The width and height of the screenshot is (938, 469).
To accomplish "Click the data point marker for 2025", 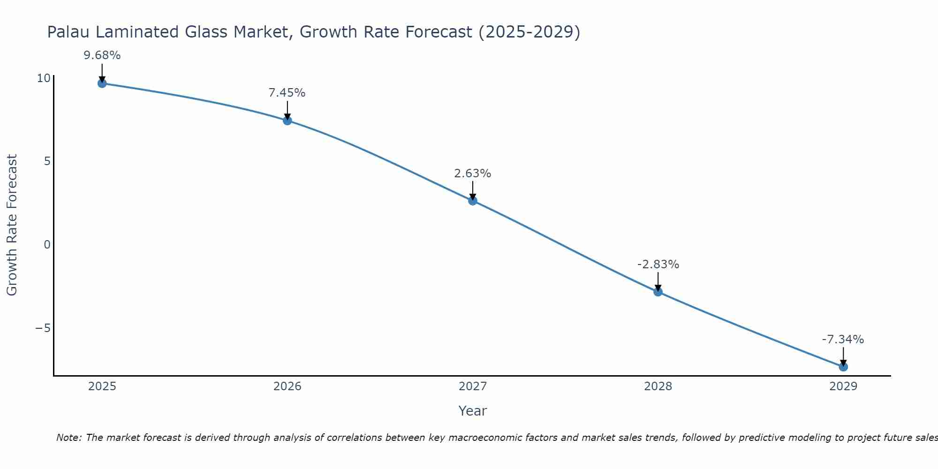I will pos(102,83).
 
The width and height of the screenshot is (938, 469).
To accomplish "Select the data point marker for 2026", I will pos(287,121).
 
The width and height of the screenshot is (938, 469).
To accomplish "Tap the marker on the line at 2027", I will pos(472,201).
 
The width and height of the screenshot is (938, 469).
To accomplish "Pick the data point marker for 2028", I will pos(658,292).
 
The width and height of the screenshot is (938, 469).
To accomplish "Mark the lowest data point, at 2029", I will pos(843,367).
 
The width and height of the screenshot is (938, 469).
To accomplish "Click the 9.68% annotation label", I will pos(102,55).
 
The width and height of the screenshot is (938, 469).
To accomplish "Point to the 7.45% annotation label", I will pos(287,93).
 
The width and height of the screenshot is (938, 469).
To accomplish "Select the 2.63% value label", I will pos(472,174).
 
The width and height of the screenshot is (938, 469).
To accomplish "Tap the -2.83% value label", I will pos(658,265).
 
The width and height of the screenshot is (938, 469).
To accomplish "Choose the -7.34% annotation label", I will pos(843,340).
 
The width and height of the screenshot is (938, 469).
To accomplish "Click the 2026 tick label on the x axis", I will pos(287,386).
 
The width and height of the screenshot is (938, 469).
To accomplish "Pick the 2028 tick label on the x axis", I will pos(658,386).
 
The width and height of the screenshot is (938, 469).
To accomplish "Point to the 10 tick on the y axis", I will pos(43,78).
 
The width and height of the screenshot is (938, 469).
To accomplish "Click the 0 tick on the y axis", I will pos(46,244).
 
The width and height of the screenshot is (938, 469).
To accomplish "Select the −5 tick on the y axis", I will pos(43,328).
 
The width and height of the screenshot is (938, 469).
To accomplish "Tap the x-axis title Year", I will pos(472,411).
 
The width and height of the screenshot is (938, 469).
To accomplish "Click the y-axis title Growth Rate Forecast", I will pos(12,225).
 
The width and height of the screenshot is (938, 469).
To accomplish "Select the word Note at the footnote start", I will pos(68,438).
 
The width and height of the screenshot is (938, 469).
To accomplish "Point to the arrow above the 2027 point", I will pos(472,190).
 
